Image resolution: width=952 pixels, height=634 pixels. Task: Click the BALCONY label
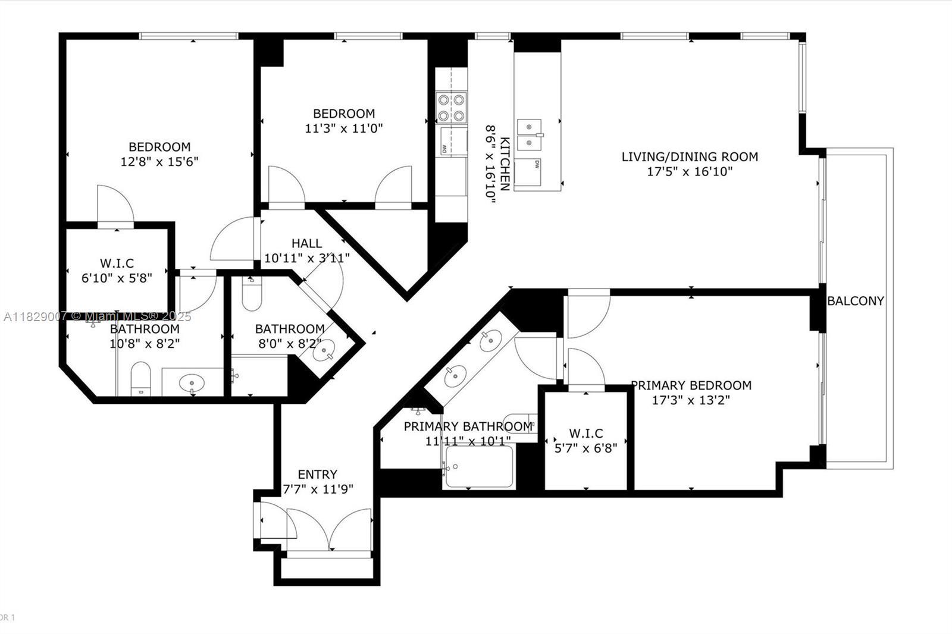(856, 301)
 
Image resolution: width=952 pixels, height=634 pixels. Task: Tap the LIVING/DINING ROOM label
(690, 157)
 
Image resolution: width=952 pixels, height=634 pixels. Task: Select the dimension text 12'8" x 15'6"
(159, 162)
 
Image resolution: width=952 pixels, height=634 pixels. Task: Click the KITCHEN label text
(505, 164)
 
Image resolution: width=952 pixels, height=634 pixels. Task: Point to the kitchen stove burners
(451, 108)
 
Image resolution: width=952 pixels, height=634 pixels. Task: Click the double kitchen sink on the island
(529, 134)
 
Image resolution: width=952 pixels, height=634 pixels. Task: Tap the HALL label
(306, 243)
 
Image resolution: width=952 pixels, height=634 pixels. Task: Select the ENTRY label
(318, 474)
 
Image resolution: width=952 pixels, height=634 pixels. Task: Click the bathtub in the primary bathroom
(478, 466)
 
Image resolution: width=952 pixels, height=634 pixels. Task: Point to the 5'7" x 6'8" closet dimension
(585, 448)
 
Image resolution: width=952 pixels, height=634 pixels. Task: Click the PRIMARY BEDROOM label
(691, 385)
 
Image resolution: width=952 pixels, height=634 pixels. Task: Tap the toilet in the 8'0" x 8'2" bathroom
(252, 294)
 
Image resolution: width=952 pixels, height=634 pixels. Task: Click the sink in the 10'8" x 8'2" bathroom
(192, 383)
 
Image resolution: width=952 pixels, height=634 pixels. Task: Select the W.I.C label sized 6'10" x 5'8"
(117, 263)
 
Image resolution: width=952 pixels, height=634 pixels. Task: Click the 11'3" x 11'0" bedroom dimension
(344, 128)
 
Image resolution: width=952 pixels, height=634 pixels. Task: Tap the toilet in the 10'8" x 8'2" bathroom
(140, 378)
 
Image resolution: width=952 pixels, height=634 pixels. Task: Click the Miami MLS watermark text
(98, 316)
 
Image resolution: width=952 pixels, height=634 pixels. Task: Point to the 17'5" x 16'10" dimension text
(690, 172)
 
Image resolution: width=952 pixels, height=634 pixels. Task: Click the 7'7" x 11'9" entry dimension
(318, 489)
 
